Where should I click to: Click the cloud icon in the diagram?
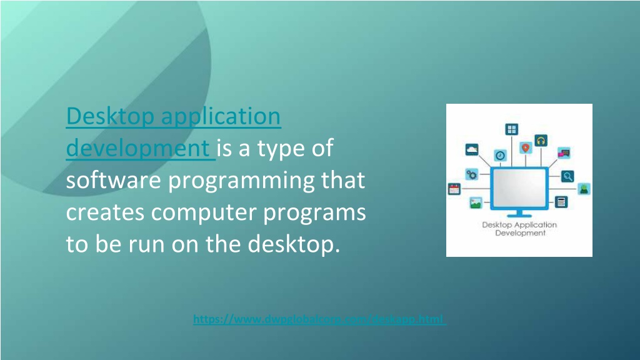(472, 149)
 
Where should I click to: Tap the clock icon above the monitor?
(500, 155)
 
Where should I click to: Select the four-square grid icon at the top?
(511, 129)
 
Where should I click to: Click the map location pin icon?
(526, 147)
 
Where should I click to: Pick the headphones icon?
(541, 141)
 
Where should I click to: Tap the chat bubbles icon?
(564, 152)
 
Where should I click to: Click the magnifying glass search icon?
(567, 176)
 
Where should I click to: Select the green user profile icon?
(584, 188)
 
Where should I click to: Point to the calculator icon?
(561, 202)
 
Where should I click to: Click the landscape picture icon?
(476, 202)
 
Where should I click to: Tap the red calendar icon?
(454, 189)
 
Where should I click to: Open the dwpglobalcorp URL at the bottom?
(319, 319)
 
